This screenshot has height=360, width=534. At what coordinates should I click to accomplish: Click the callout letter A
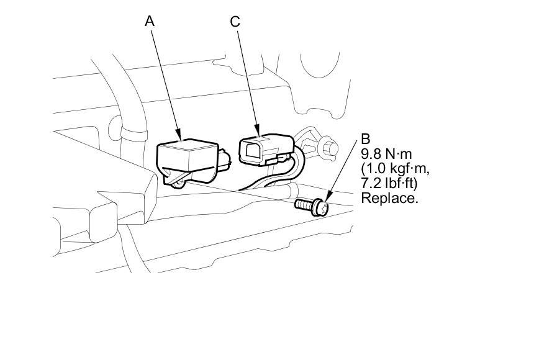[x=150, y=21]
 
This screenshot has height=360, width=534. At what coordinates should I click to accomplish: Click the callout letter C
[x=234, y=21]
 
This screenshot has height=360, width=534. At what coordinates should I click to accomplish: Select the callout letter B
[x=366, y=139]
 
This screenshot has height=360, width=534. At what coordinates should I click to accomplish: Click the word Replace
[x=390, y=199]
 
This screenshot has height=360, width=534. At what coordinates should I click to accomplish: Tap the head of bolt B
[x=320, y=206]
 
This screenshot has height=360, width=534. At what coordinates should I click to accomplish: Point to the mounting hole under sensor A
[x=178, y=181]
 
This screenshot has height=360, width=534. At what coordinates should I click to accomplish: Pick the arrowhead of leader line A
[x=179, y=136]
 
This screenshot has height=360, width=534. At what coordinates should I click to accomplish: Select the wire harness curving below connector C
[x=273, y=180]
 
